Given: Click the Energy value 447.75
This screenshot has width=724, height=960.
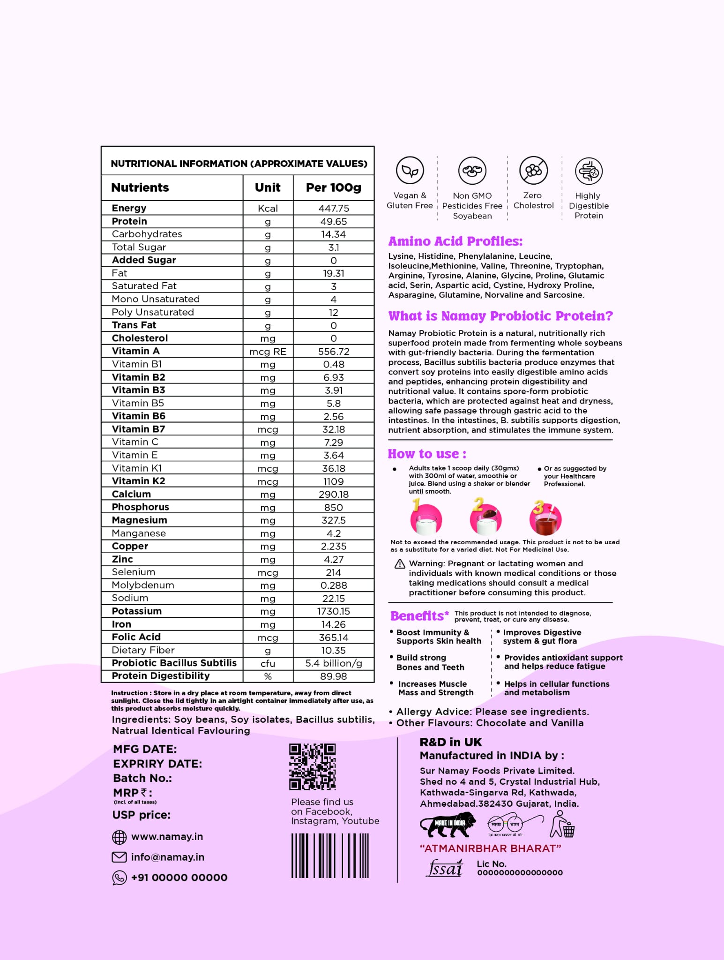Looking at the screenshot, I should tap(334, 208).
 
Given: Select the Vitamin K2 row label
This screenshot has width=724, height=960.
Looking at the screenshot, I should tap(138, 481).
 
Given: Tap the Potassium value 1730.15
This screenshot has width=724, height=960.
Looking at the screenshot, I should tap(334, 611).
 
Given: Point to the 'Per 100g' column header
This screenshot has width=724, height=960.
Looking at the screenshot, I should tap(334, 187).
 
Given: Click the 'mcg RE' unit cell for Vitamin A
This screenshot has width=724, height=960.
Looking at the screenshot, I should tap(268, 352).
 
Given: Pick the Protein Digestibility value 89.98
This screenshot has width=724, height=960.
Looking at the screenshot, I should tap(334, 676).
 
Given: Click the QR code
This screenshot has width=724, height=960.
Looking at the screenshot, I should tap(313, 766).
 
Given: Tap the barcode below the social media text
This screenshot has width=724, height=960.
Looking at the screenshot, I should tap(330, 855).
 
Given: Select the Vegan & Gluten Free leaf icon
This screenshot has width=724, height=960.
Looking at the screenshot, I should tap(410, 171).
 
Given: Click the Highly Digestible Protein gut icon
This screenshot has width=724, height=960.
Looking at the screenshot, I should tap(589, 171).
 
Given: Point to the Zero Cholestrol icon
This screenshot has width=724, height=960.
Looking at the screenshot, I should tap(533, 171).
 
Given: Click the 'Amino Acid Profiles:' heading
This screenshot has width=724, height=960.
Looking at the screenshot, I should tap(455, 241).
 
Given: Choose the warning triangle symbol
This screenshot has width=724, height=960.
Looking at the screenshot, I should tap(400, 564).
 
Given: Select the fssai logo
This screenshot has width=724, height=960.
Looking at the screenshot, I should tap(445, 869).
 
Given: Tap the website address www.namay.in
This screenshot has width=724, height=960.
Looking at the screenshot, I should tap(167, 837).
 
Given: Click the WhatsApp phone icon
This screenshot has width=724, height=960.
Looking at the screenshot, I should tap(119, 877).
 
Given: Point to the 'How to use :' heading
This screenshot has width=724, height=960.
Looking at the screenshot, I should tap(427, 454).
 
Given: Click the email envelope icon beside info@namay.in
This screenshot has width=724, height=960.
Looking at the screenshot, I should tap(119, 857).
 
